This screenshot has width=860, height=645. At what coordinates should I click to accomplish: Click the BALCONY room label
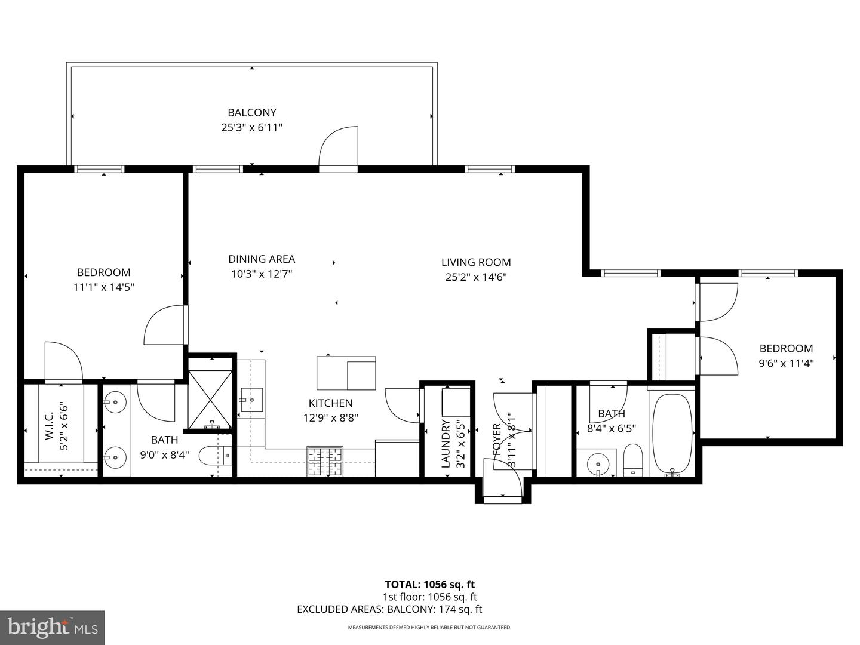251,112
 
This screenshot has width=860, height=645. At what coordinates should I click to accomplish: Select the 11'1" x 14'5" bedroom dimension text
103,287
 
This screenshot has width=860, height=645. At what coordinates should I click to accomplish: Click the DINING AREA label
262,259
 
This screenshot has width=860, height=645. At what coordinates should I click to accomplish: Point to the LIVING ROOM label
476,262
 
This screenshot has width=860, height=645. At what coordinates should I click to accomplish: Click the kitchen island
346,372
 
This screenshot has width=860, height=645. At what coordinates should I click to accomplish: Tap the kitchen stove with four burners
325,461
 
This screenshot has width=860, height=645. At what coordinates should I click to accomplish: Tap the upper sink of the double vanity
115,402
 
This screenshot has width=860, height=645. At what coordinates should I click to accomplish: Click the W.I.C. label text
49,426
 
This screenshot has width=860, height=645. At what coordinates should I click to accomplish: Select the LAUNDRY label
446,443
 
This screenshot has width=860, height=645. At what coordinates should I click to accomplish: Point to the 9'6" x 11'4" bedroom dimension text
786,362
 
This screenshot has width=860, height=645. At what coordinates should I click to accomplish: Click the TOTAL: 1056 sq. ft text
429,584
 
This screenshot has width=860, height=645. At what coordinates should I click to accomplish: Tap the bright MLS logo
52,628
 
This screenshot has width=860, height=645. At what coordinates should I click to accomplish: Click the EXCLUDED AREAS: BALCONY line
389,609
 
